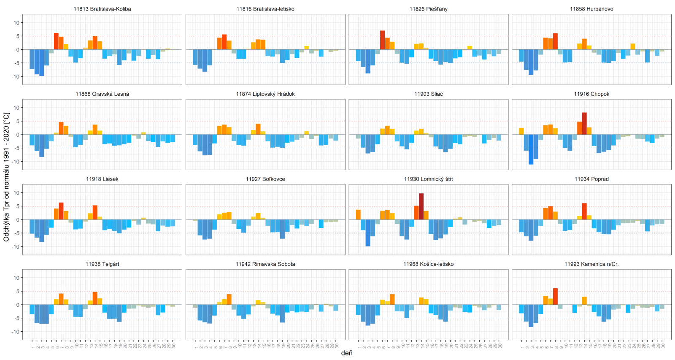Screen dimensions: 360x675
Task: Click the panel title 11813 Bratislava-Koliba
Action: pyautogui.click(x=102, y=9)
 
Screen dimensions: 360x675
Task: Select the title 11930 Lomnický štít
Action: pyautogui.click(x=428, y=179)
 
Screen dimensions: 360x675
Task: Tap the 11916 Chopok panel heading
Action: pyautogui.click(x=591, y=94)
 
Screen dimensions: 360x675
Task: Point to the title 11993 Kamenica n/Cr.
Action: pyautogui.click(x=591, y=264)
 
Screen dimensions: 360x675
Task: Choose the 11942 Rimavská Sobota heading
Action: pyautogui.click(x=265, y=264)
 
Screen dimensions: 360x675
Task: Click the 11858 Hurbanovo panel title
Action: pyautogui.click(x=591, y=9)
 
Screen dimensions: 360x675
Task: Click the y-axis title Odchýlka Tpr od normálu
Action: pyautogui.click(x=6, y=177)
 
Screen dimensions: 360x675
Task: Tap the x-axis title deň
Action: pyautogui.click(x=347, y=353)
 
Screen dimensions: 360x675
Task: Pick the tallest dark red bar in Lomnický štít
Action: pyautogui.click(x=421, y=206)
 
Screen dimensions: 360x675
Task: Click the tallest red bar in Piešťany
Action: pyautogui.click(x=382, y=40)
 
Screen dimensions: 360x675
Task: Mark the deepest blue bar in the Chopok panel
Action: pyautogui.click(x=531, y=149)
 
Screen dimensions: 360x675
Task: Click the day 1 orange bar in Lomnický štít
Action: pyautogui.click(x=358, y=215)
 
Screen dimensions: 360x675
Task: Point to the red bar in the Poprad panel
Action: pyautogui.click(x=584, y=211)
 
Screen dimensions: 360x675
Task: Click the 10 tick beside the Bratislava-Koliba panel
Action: pyautogui.click(x=16, y=23)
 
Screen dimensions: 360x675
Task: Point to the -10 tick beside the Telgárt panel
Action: pyautogui.click(x=16, y=332)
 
